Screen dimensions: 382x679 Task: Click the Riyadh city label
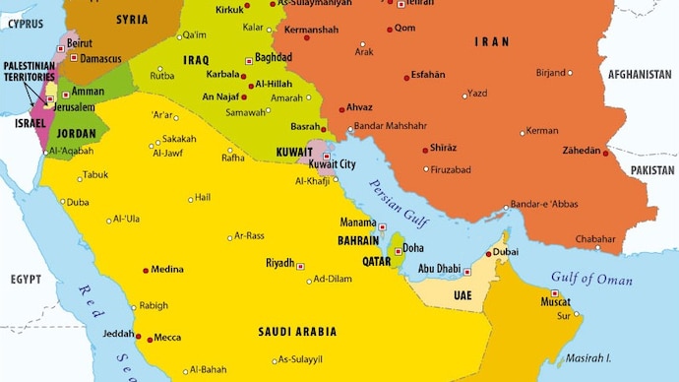coord(279,263)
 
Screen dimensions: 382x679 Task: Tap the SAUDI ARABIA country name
coord(297,332)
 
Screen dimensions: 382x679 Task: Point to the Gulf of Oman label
coord(591,279)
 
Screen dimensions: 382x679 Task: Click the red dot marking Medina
coord(147,270)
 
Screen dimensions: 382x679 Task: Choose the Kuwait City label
coord(332,164)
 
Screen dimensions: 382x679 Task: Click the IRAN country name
coord(491,41)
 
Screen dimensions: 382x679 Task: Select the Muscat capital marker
coord(555,293)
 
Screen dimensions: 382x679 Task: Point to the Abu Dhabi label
coord(439,268)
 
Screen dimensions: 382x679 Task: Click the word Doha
coord(413,248)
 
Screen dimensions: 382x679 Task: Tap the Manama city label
coord(358,223)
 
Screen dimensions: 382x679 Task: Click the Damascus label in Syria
coord(101,59)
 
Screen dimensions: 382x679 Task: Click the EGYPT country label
coord(26,280)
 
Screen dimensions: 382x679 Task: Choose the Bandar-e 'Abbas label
coord(546,204)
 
